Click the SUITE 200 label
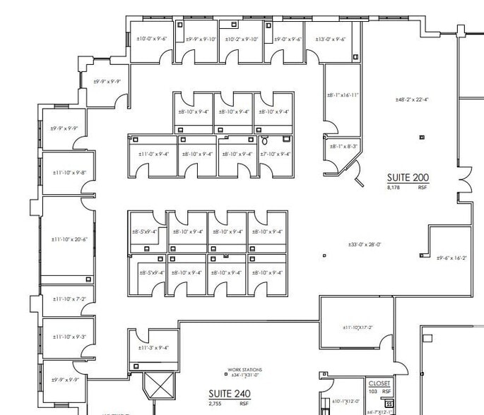click(408, 178)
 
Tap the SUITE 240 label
click(226, 393)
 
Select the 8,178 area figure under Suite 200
click(394, 188)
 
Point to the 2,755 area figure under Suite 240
click(216, 404)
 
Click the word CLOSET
click(379, 383)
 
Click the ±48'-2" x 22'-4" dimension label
click(413, 100)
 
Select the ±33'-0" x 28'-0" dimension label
click(365, 244)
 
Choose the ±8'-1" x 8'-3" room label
click(343, 146)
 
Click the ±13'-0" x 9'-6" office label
click(330, 40)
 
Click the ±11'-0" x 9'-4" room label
click(153, 154)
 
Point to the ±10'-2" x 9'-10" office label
click(242, 40)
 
